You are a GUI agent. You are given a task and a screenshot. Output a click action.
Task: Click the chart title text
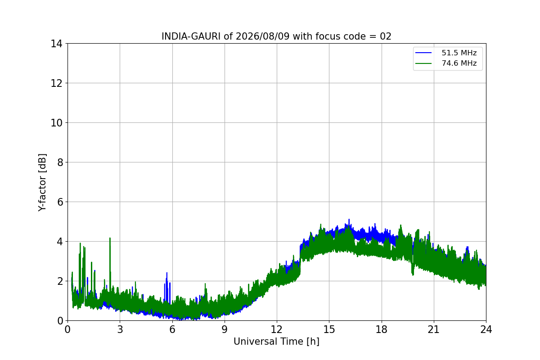point(276,36)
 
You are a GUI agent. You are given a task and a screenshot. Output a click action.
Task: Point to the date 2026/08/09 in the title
point(262,36)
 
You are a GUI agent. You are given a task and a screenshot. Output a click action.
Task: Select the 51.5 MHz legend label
point(459,53)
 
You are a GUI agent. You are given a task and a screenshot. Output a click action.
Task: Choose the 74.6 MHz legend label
point(459,63)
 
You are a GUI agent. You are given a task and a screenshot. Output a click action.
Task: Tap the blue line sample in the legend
point(423,53)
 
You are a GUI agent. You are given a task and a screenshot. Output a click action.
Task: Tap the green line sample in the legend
point(423,63)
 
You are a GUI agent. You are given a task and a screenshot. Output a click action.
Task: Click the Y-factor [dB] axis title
point(42,183)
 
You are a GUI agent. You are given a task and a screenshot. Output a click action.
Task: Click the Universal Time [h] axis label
point(276,342)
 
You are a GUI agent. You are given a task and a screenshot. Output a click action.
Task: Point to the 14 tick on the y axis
point(56,44)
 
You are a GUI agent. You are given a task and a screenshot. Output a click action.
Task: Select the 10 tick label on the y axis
point(56,123)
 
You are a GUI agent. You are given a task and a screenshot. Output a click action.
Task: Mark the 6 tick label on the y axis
point(60,202)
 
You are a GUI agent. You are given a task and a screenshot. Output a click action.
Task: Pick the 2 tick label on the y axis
point(60,281)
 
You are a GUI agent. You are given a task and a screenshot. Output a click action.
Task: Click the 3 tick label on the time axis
point(120,329)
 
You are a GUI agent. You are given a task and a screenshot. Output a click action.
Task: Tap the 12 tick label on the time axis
point(277,329)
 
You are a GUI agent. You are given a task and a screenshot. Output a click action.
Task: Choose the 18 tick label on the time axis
point(382,329)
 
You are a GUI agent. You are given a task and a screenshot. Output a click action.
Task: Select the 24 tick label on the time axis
point(486,329)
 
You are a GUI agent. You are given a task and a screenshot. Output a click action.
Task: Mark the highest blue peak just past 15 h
point(349,220)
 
